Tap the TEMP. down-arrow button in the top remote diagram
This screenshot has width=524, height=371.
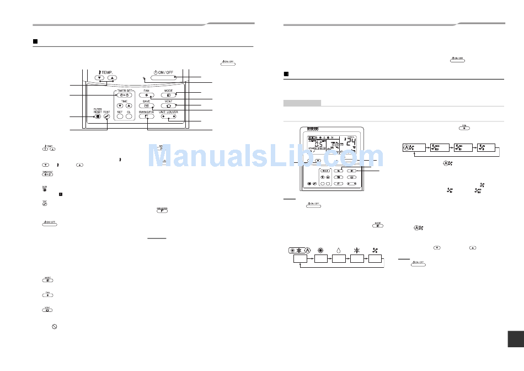99,78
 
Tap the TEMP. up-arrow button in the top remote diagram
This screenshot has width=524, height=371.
112,78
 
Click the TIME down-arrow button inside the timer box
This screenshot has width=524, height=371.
120,106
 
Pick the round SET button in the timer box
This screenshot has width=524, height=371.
120,116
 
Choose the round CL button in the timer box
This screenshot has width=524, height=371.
129,116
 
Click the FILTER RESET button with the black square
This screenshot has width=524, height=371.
97,116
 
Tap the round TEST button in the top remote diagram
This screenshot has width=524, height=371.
106,116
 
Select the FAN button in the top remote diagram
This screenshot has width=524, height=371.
146,95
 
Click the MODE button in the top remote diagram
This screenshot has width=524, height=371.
169,95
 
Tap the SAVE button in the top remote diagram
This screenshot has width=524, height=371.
146,106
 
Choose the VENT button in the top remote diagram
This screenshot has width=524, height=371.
169,106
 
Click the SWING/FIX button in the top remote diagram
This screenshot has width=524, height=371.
146,116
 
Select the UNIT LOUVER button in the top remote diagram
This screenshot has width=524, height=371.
169,116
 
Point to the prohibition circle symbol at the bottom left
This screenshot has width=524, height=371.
55,327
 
